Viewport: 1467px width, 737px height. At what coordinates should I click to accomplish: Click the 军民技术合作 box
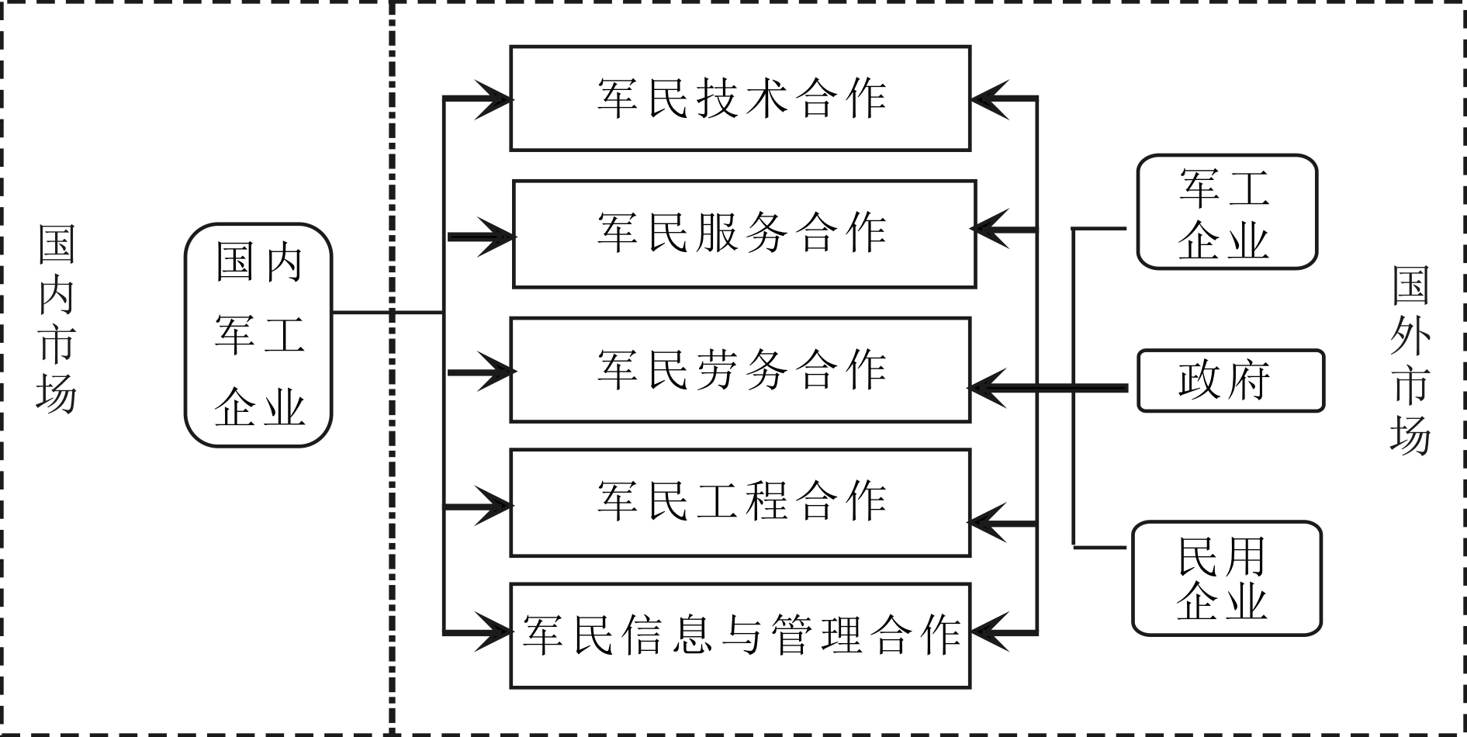[x=740, y=99]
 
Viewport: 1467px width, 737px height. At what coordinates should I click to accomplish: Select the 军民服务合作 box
[x=744, y=234]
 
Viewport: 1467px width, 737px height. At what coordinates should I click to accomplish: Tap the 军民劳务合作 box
[x=740, y=369]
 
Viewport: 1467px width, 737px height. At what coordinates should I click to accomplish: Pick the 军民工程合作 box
[x=740, y=502]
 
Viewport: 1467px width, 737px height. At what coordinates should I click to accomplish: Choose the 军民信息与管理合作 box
[x=740, y=635]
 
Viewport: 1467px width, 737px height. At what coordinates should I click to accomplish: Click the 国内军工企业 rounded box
[x=258, y=335]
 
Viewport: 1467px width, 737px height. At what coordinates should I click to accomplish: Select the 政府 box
[x=1230, y=380]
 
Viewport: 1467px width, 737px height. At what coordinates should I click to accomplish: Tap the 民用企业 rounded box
[x=1226, y=579]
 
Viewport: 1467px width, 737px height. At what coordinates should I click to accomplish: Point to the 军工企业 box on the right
[x=1227, y=212]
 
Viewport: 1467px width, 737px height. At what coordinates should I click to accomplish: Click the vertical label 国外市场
[x=1410, y=360]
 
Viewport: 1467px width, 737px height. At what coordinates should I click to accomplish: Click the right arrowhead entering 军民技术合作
[x=988, y=99]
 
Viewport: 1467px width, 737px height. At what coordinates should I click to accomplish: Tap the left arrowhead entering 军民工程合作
[x=495, y=507]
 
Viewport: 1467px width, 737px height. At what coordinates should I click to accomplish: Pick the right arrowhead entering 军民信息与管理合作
[x=988, y=632]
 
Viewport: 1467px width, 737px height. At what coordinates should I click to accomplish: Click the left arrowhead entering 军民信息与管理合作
[x=495, y=632]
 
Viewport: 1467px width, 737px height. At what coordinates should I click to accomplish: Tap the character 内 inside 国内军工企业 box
[x=283, y=261]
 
